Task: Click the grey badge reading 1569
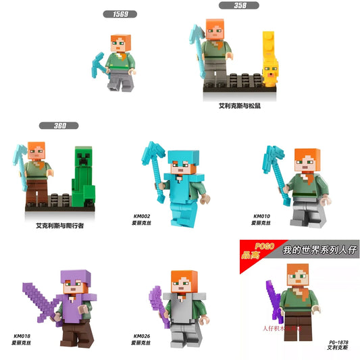pos(120,14)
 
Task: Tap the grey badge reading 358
pos(239,5)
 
